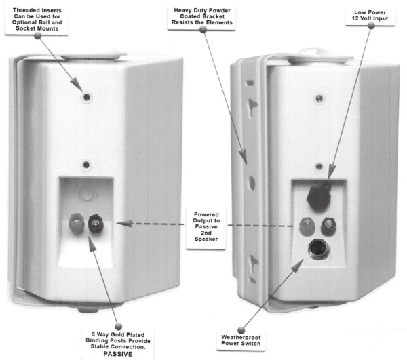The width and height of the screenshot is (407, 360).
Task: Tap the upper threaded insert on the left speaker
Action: pos(85,98)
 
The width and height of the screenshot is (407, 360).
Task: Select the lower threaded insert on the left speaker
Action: pos(85,165)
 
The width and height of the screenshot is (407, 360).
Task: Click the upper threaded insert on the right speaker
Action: pos(319,99)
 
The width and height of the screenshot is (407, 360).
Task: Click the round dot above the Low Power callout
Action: pos(370,25)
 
